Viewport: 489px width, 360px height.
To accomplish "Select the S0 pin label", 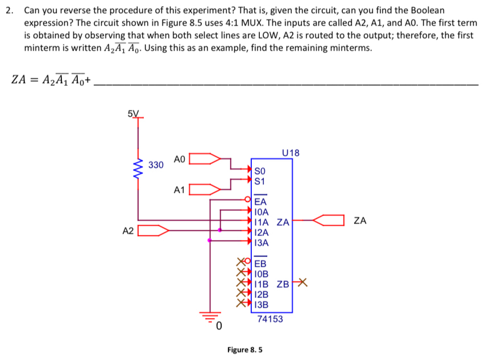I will (260, 171).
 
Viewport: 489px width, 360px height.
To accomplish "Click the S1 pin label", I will (260, 181).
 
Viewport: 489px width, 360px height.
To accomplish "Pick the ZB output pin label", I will (284, 284).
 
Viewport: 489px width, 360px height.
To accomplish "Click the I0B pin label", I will (262, 274).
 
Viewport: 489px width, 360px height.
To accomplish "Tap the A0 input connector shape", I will (205, 159).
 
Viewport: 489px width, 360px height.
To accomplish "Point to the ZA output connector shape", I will (329, 220).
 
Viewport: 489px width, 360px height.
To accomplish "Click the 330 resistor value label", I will (156, 165).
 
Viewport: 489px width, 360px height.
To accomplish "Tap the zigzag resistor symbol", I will (137, 169).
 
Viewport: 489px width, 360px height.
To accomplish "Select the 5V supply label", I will (134, 113).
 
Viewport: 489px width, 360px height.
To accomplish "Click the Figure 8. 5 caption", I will (244, 349).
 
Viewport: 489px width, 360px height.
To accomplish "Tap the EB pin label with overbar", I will (260, 263).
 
